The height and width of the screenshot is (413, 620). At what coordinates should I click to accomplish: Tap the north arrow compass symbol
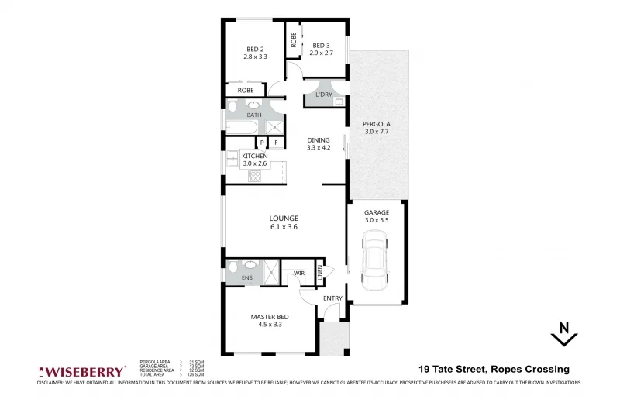click(565, 333)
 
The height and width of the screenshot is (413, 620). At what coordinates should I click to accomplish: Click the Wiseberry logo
click(82, 370)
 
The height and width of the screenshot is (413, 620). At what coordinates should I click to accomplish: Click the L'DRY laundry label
click(323, 95)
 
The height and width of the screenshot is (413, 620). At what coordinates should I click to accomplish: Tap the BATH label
click(254, 115)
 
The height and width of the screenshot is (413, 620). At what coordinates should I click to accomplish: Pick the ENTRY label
click(332, 298)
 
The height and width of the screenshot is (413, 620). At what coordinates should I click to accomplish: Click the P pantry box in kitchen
click(262, 143)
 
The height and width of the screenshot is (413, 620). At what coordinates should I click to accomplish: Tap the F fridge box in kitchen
click(275, 143)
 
